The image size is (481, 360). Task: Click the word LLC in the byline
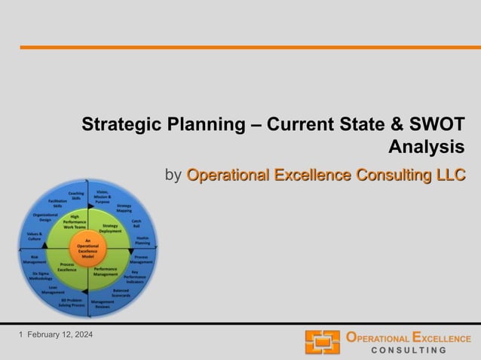click(x=450, y=175)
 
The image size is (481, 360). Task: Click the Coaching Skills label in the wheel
click(x=75, y=196)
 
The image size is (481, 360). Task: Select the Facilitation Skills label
click(x=58, y=204)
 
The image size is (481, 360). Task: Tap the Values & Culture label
click(x=35, y=237)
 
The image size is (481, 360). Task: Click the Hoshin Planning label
click(x=142, y=240)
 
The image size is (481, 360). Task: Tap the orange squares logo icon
click(x=322, y=343)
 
